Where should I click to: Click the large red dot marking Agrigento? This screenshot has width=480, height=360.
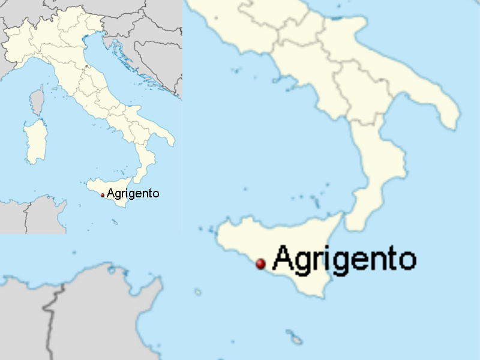pos(260,263)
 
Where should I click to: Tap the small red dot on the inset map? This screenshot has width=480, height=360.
pos(103,195)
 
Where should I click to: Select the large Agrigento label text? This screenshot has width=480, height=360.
pos(344,259)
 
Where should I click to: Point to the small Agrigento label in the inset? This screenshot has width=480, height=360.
pos(133,193)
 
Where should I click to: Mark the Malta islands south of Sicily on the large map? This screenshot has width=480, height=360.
pos(293,335)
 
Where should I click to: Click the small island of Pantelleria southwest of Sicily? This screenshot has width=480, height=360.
pos(197,292)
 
